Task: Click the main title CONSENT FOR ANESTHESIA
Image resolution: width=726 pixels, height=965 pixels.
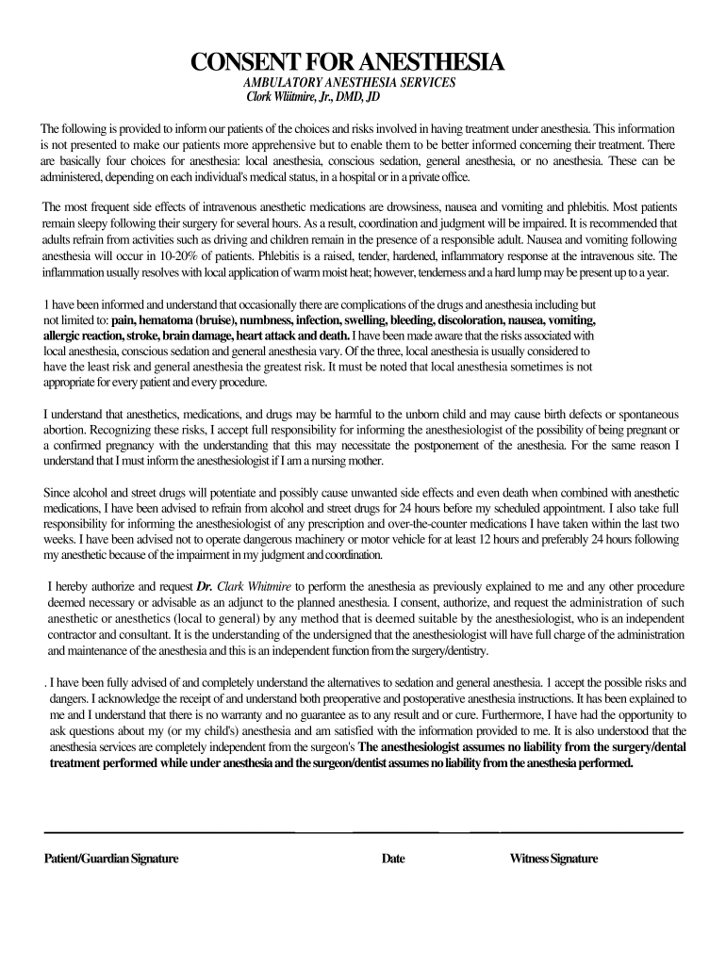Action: coord(348,63)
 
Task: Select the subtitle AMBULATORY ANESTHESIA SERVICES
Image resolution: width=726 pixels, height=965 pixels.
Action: coord(349,83)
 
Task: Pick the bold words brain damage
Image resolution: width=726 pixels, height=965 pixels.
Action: coord(197,335)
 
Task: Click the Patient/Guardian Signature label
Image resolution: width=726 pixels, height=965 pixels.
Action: coord(111,859)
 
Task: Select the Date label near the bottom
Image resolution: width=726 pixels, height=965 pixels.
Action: coord(393,859)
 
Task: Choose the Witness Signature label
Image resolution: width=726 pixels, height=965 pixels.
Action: coord(553,859)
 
